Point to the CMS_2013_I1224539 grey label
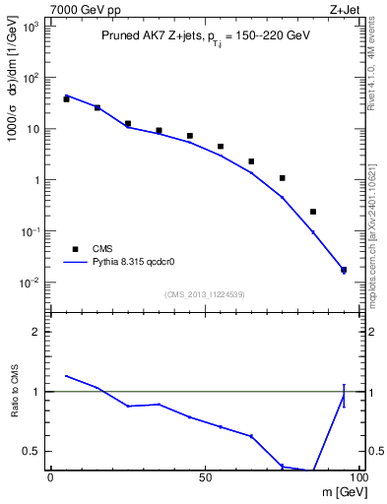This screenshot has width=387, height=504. click(x=204, y=293)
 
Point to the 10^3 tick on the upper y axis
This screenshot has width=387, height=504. click(x=32, y=27)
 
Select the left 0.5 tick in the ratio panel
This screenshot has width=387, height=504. click(x=35, y=451)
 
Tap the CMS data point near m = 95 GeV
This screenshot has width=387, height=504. click(x=344, y=270)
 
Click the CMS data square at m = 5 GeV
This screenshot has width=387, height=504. click(x=66, y=98)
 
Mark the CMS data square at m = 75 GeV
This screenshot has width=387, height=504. click(x=283, y=178)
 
